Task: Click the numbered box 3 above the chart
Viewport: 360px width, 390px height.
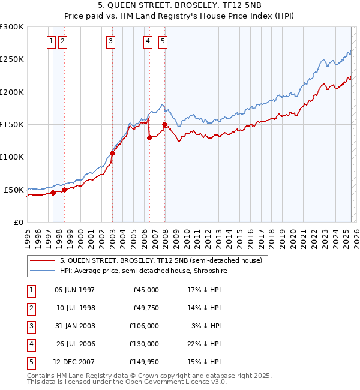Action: click(x=111, y=41)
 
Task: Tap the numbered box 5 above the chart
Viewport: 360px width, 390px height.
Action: click(x=163, y=41)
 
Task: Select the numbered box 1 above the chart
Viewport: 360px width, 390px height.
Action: click(x=51, y=41)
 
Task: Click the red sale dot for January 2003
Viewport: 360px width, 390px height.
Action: click(x=112, y=153)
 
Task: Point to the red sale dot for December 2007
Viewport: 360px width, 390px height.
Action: click(x=164, y=125)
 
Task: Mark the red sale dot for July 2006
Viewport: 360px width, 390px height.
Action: click(x=149, y=137)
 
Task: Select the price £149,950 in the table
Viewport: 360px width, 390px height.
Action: click(x=144, y=362)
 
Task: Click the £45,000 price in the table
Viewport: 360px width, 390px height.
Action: click(x=146, y=290)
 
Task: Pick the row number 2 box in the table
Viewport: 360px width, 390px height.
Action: click(x=31, y=308)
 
